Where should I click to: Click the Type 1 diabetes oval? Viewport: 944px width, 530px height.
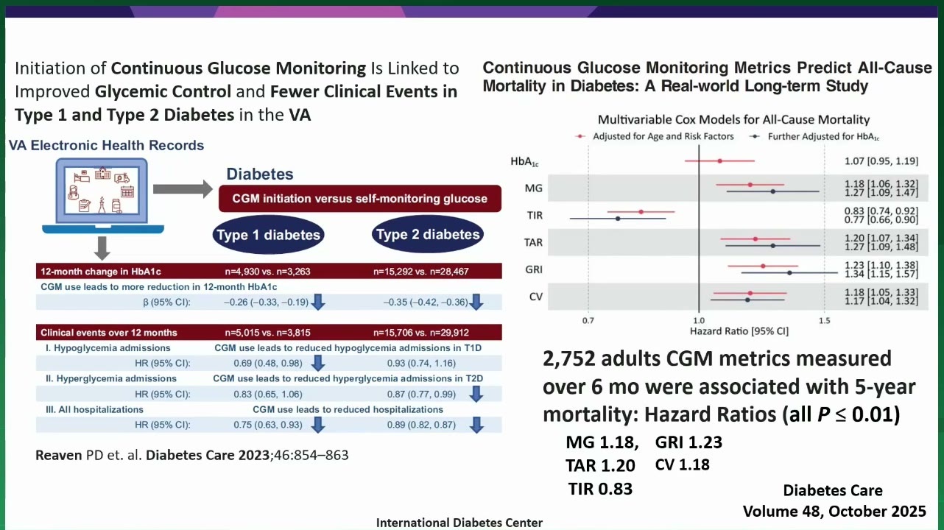click(x=269, y=235)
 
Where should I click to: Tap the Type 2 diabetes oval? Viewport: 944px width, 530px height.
click(x=428, y=234)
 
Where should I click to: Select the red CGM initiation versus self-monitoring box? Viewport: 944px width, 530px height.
click(x=360, y=199)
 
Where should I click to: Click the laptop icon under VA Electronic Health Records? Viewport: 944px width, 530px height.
click(x=103, y=196)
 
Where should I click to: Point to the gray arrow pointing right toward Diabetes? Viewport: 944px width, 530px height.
click(x=183, y=189)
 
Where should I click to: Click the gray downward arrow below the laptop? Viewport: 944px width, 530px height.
click(x=102, y=248)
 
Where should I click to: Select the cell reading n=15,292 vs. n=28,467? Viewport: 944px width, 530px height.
click(x=421, y=272)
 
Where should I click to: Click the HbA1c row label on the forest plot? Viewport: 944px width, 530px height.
click(x=524, y=161)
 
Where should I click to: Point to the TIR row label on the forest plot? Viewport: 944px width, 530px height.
click(x=535, y=215)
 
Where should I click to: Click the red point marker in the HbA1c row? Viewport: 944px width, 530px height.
click(x=720, y=161)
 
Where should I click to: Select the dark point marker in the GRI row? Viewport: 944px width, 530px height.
click(x=789, y=273)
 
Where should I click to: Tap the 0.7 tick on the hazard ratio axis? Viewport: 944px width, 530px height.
click(x=588, y=321)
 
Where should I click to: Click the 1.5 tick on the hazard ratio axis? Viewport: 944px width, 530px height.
click(x=824, y=321)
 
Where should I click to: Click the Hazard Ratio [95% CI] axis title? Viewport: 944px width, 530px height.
click(x=739, y=331)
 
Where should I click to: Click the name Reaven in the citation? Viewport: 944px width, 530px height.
click(x=59, y=455)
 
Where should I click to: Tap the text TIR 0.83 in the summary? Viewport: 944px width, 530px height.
click(x=600, y=489)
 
